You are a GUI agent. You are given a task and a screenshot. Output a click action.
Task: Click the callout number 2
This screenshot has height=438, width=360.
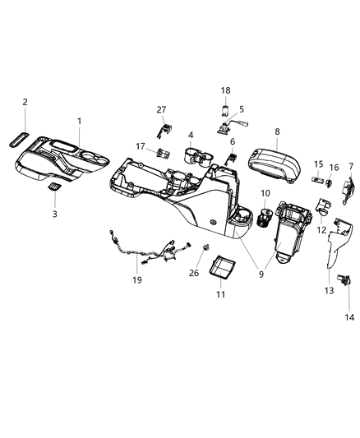pyautogui.click(x=25, y=102)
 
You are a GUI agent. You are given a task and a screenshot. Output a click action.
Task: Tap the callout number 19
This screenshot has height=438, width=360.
pyautogui.click(x=137, y=279)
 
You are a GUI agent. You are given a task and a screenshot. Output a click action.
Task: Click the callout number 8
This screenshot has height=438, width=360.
pyautogui.click(x=277, y=131)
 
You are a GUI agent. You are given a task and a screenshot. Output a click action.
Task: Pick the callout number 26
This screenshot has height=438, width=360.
pyautogui.click(x=194, y=274)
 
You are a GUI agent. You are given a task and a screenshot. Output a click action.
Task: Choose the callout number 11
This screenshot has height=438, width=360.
pyautogui.click(x=220, y=293)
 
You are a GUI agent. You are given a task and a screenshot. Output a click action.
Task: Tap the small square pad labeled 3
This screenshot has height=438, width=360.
pyautogui.click(x=54, y=188)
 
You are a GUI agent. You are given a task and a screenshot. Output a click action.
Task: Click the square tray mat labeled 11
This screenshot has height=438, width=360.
pyautogui.click(x=223, y=267)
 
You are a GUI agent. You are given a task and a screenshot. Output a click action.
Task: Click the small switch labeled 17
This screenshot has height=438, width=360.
pyautogui.click(x=164, y=152)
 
